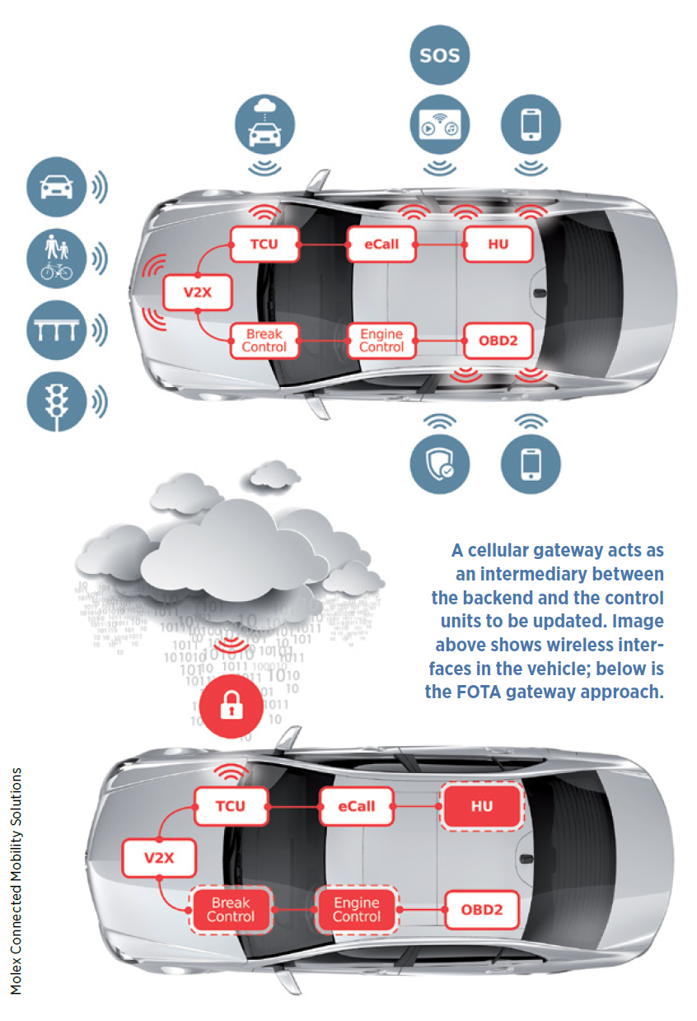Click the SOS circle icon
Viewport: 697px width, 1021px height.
click(438, 56)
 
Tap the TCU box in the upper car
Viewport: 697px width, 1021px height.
click(263, 244)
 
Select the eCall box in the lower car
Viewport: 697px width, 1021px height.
click(356, 806)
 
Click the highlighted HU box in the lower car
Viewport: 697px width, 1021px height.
click(482, 806)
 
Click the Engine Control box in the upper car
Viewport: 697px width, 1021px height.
click(381, 340)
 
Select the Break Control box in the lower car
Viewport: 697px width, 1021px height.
click(231, 910)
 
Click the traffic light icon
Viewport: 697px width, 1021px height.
click(56, 401)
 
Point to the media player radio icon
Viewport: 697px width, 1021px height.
click(438, 124)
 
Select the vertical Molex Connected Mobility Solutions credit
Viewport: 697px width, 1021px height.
click(16, 880)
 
